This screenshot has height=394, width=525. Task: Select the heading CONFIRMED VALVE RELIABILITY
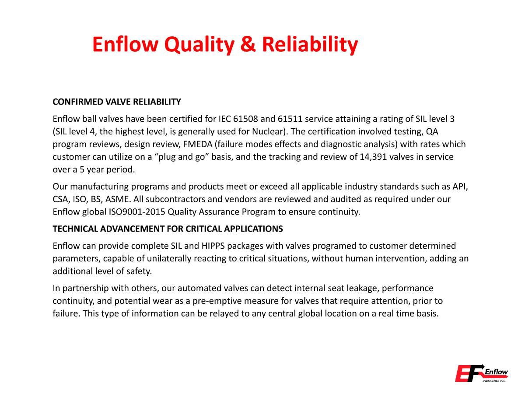116,102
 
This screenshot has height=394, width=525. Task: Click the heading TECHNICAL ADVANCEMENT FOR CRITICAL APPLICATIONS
168,229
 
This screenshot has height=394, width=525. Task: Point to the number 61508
247,119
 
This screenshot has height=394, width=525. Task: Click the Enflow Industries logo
481,373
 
